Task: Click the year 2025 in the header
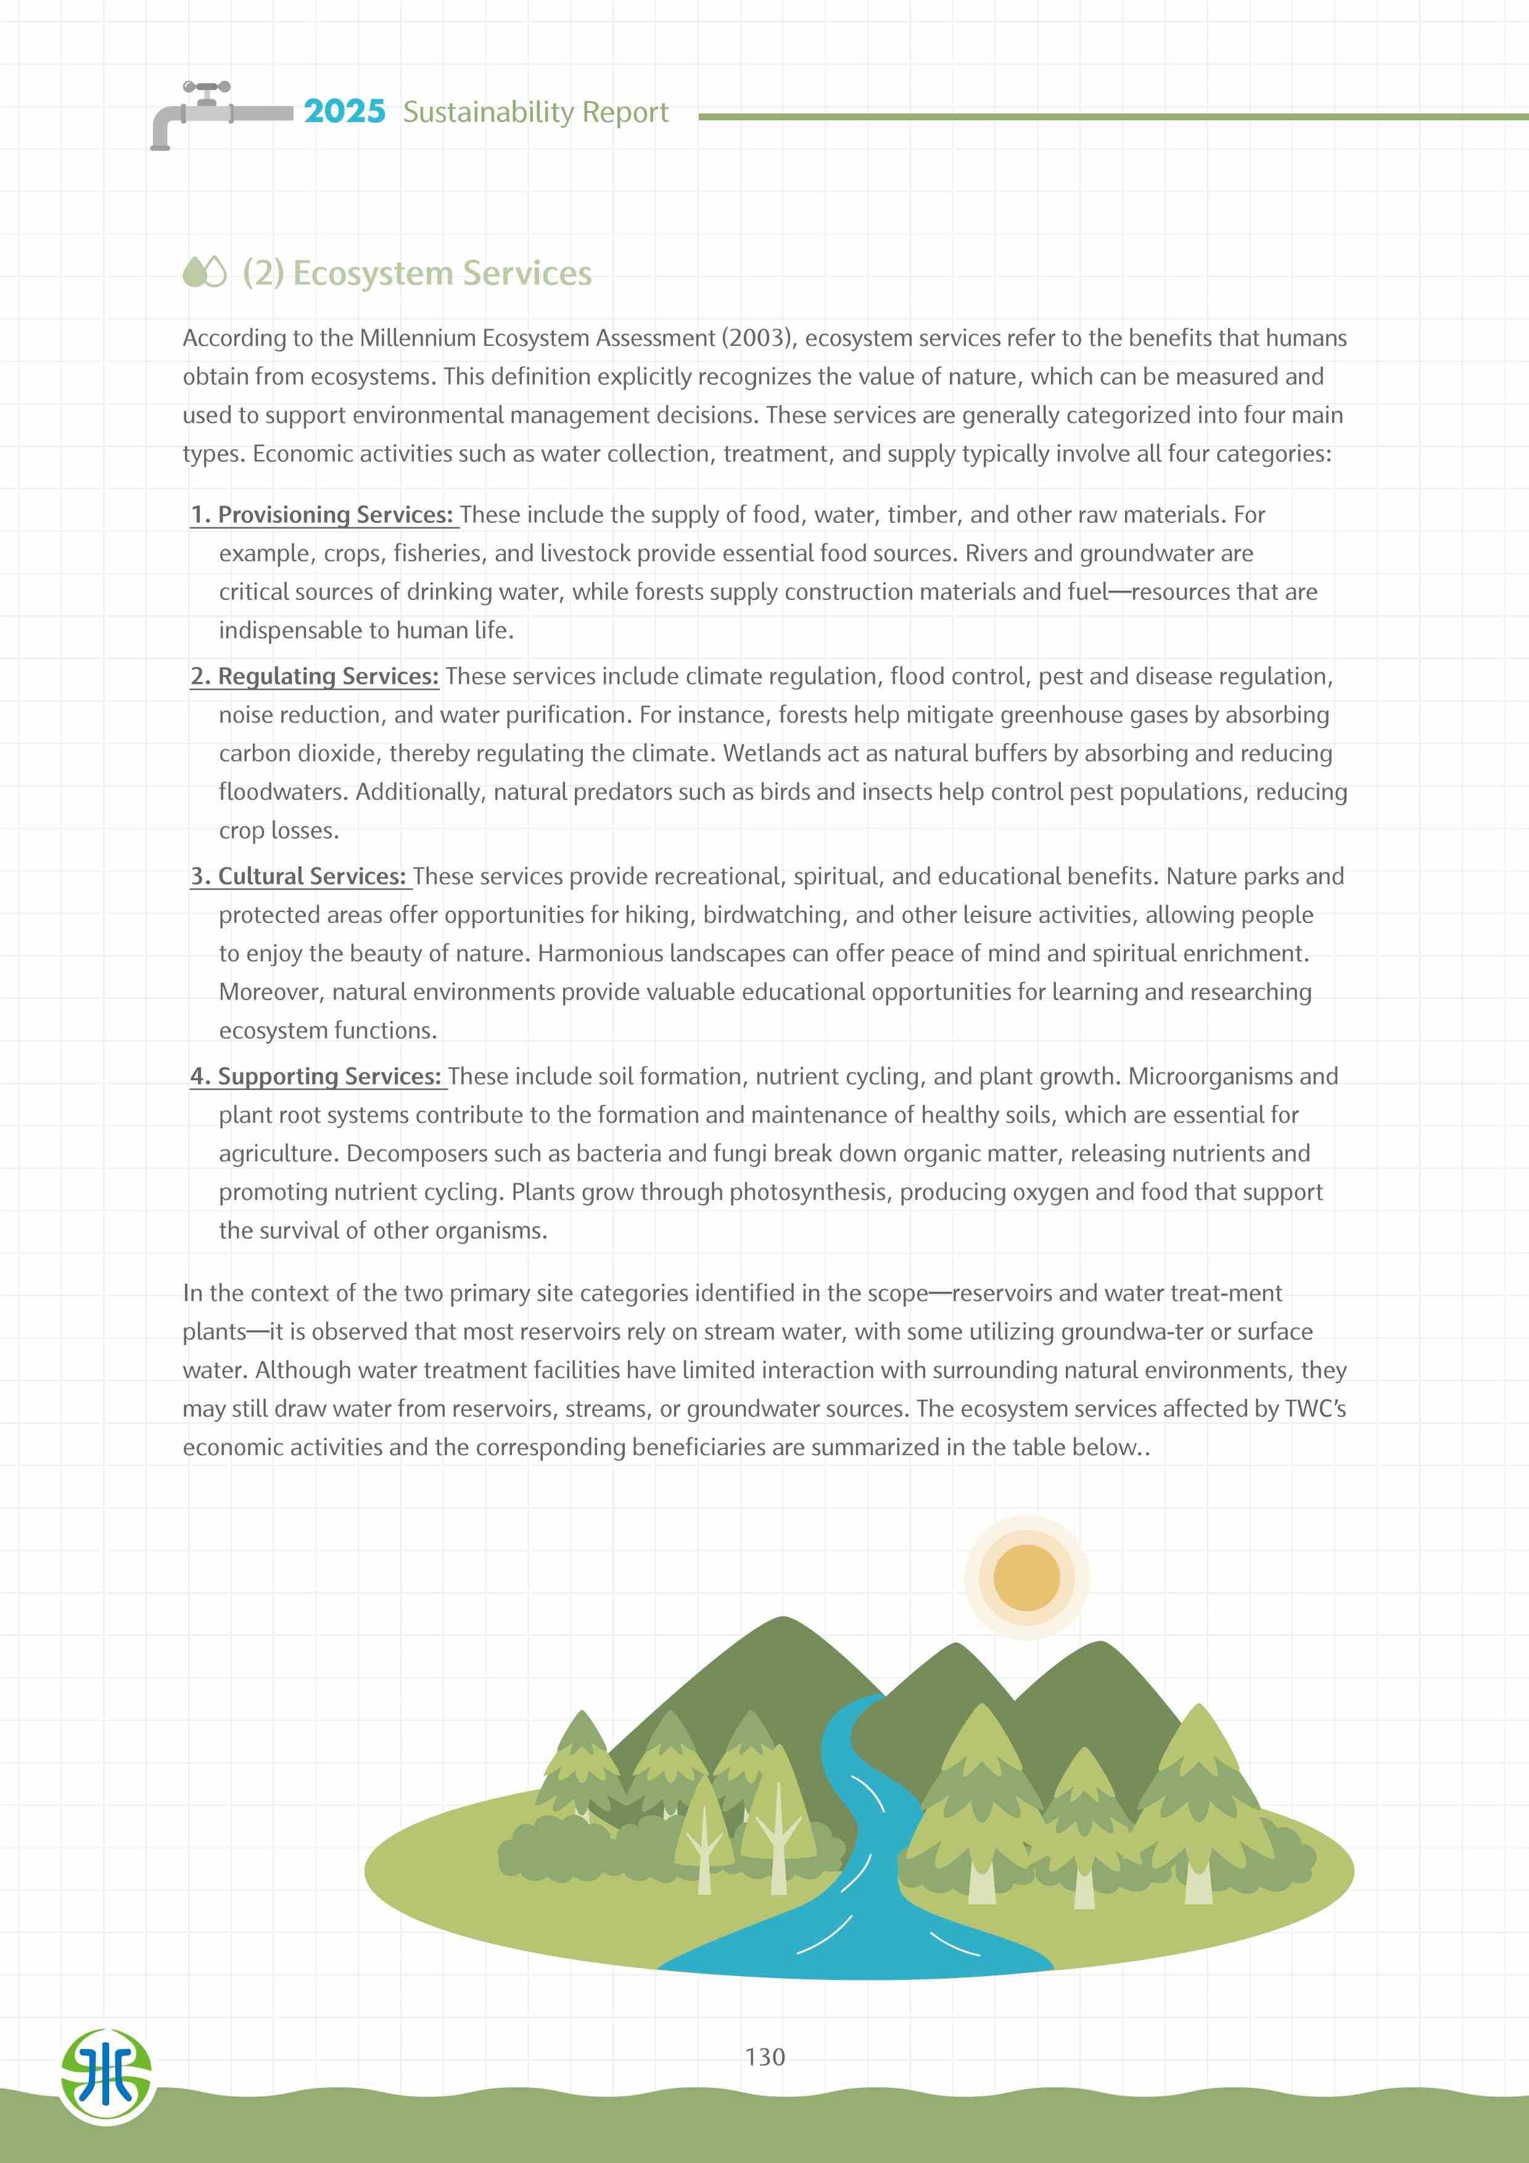click(344, 111)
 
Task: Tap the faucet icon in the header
click(216, 113)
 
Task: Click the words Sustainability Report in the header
click(535, 112)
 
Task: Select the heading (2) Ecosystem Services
click(416, 273)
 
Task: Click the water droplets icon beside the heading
click(204, 273)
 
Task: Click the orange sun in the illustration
click(1026, 1578)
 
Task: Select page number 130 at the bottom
click(764, 2056)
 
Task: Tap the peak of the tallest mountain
click(783, 1620)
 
